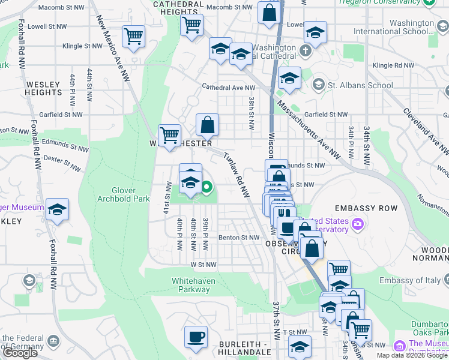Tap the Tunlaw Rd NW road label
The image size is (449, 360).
point(236,175)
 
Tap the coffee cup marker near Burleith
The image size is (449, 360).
point(195,336)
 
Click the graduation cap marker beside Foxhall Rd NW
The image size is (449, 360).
point(58,209)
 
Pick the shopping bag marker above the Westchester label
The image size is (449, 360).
point(207,125)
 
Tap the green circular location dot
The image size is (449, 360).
point(207,188)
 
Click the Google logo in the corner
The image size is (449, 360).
point(20,353)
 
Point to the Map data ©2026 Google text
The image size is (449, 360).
point(412,355)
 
